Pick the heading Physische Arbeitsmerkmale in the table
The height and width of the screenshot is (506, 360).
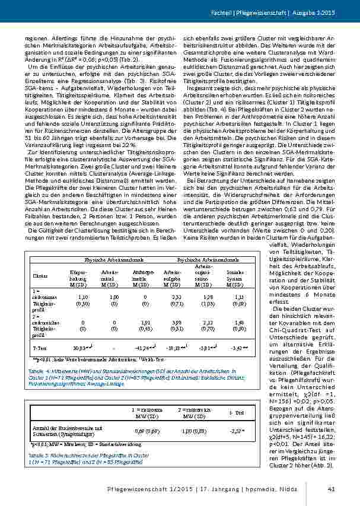(107, 260)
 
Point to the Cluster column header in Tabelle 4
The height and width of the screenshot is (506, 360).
(40, 276)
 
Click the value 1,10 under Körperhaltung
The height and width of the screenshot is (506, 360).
(82, 295)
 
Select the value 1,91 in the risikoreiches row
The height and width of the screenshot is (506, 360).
(141, 322)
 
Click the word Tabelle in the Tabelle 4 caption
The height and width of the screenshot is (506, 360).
(36, 370)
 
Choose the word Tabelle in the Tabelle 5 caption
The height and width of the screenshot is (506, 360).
(36, 454)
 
